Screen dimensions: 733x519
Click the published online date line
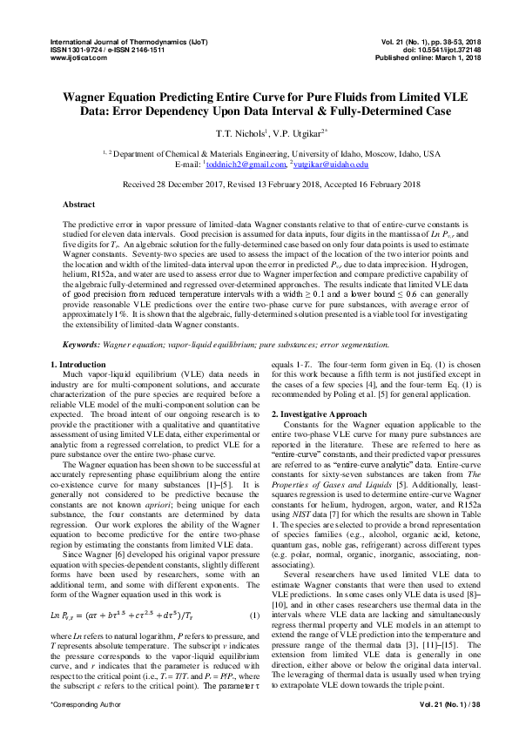point(421,57)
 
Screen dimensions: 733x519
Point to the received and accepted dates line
point(259,185)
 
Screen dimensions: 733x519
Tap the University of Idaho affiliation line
point(259,153)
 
